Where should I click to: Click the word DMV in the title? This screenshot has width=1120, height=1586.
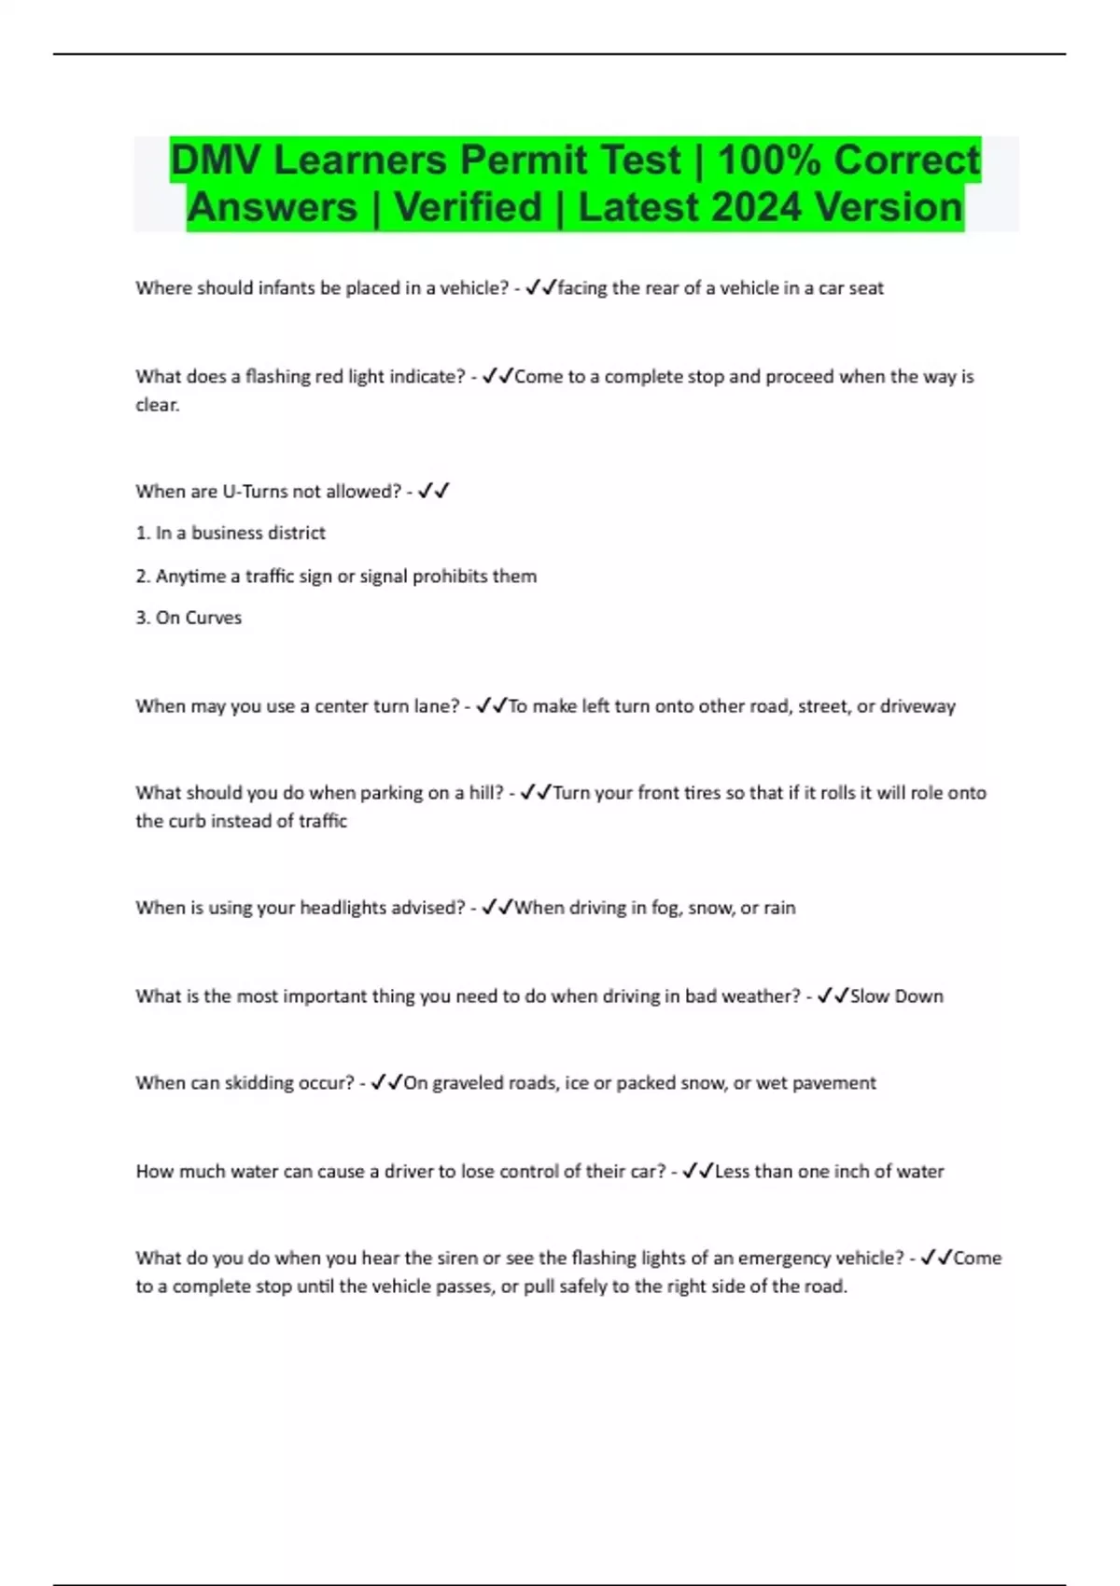(217, 160)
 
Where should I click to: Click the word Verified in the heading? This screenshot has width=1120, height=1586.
(468, 207)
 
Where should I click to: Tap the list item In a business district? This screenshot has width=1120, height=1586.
(240, 533)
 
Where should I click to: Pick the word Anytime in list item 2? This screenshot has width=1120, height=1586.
(189, 577)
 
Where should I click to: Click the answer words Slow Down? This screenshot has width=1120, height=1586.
(896, 996)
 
